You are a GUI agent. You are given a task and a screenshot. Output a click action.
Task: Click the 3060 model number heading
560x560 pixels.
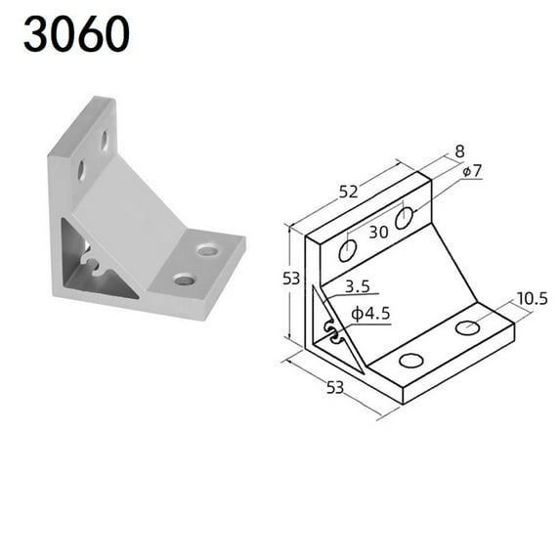coord(77,35)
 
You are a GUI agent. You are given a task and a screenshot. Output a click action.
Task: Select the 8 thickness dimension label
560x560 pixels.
coord(460,152)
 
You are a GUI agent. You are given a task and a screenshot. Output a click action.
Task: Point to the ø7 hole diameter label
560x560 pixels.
coord(472,171)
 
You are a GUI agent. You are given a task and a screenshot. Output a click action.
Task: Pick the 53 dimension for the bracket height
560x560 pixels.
coord(291,278)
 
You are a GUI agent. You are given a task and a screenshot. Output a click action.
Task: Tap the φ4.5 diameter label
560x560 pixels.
coord(370,314)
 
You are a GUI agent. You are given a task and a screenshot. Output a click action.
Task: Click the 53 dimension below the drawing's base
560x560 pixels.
coord(334,388)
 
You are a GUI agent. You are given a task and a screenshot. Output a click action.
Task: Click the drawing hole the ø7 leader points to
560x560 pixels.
coord(406,218)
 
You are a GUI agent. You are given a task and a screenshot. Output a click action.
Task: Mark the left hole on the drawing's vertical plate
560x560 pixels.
coord(348,252)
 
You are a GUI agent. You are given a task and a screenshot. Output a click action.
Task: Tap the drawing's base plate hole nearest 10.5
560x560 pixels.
coord(468,326)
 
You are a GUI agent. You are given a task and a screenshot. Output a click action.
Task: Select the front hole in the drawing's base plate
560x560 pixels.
coord(411,360)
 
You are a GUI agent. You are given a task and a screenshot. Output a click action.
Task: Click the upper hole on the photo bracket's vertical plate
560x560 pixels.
coord(105,140)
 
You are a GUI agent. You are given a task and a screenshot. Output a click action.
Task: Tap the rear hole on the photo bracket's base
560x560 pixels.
coord(207,250)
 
